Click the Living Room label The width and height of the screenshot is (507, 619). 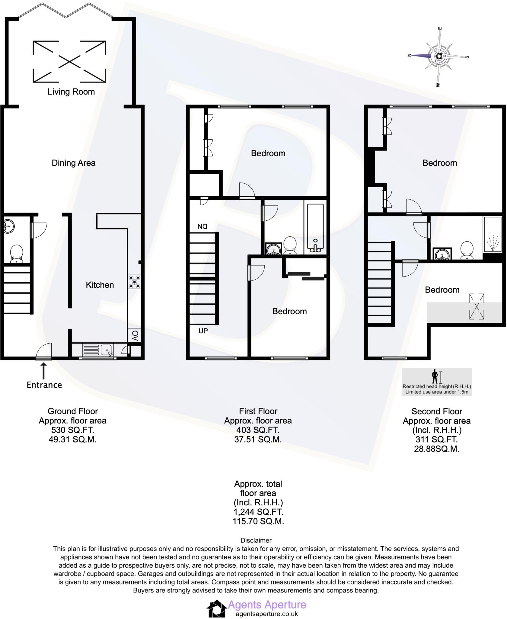71,92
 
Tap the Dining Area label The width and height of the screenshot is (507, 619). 74,163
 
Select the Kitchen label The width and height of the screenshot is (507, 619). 100,285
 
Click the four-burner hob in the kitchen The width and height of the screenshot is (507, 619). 134,282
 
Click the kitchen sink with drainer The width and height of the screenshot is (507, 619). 98,350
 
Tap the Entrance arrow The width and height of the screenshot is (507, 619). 44,371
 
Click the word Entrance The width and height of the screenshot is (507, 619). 44,385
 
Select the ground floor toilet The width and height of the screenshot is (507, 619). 17,254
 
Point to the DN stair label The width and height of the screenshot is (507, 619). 202,226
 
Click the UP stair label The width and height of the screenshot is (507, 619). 203,331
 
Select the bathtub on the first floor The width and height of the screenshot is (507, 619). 315,228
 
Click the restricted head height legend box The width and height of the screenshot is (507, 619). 437,382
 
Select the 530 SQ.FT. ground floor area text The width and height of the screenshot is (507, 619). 73,430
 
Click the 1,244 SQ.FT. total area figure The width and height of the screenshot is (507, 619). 258,512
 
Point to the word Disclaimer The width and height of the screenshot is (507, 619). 256,540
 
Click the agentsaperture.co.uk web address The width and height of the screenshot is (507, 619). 267,614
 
